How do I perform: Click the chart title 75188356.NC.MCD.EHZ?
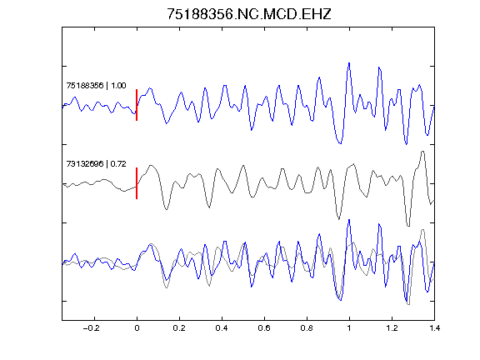(x=249, y=14)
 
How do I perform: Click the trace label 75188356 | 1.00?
(x=96, y=85)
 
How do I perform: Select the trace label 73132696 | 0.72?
(x=96, y=164)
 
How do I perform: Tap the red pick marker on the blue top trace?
(x=137, y=105)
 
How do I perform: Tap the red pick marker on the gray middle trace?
(x=137, y=183)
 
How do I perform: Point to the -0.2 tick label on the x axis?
(x=91, y=328)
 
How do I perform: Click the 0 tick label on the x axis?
(x=137, y=328)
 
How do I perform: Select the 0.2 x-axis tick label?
(x=179, y=328)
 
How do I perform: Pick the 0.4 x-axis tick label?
(x=222, y=328)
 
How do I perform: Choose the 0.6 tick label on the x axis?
(x=264, y=328)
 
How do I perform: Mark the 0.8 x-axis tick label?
(x=307, y=328)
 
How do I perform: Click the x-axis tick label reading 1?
(x=349, y=328)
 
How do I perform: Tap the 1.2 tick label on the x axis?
(x=392, y=328)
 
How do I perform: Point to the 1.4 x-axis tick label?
(x=434, y=328)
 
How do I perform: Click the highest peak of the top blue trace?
(x=349, y=63)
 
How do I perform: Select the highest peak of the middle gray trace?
(x=422, y=151)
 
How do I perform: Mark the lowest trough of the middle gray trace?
(x=408, y=226)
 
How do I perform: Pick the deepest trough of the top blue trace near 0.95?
(x=340, y=143)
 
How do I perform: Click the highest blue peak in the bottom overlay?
(x=349, y=220)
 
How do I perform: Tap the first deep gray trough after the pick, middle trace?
(x=166, y=209)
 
